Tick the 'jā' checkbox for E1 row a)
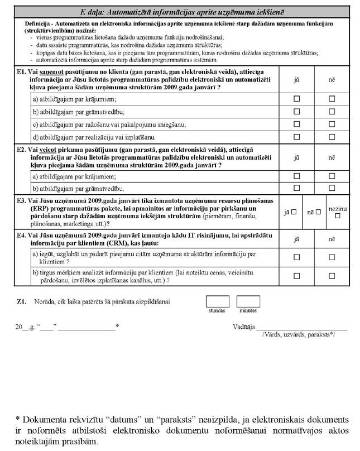click(297, 99)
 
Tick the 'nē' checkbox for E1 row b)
click(332, 111)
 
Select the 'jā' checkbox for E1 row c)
click(297, 124)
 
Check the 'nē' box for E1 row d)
click(332, 136)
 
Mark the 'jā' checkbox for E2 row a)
click(297, 175)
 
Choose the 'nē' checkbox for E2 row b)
click(332, 188)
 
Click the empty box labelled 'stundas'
click(217, 301)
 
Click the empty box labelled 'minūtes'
click(248, 301)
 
